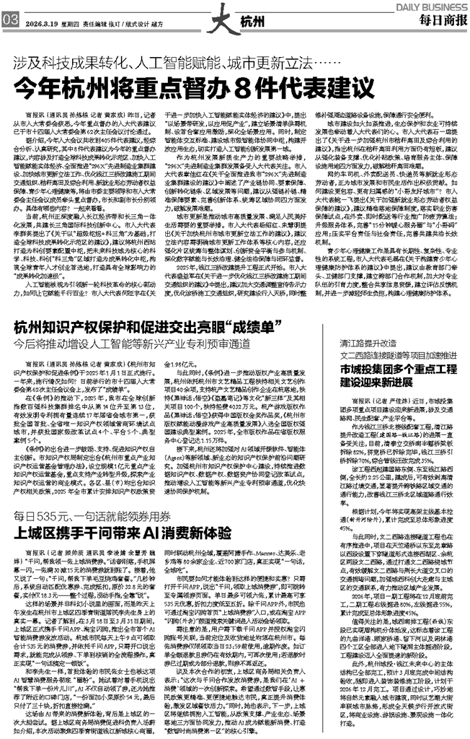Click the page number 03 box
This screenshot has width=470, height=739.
[9, 22]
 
